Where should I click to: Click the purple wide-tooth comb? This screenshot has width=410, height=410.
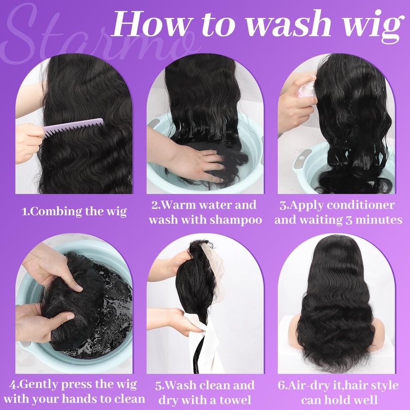coord(73,128)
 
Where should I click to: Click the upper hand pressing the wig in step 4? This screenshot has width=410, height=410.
coord(52,270)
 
